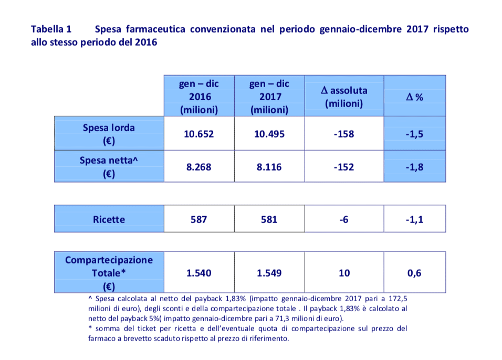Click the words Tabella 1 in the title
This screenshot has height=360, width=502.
tap(51, 29)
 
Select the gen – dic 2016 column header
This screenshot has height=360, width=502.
tap(199, 97)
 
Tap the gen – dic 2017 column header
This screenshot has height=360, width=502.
tap(269, 97)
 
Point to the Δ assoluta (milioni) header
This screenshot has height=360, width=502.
tap(344, 97)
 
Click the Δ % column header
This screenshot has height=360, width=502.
tap(415, 97)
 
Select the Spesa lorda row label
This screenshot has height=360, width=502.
tap(109, 134)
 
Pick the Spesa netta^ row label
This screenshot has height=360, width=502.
tap(109, 167)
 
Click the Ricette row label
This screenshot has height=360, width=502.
tap(109, 219)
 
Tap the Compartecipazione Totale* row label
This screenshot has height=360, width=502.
tap(109, 273)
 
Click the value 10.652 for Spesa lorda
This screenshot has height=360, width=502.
tap(199, 134)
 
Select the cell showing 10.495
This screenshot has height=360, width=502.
tap(269, 134)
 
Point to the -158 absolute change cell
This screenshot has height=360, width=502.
tap(344, 134)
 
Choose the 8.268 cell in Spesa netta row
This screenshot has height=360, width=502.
tap(199, 167)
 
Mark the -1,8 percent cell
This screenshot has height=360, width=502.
tap(415, 167)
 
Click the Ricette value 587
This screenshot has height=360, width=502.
tap(199, 219)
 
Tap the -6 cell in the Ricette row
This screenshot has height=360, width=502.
tap(344, 219)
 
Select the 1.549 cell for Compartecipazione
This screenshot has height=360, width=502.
tap(269, 273)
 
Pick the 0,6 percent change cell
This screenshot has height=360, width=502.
tap(415, 273)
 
